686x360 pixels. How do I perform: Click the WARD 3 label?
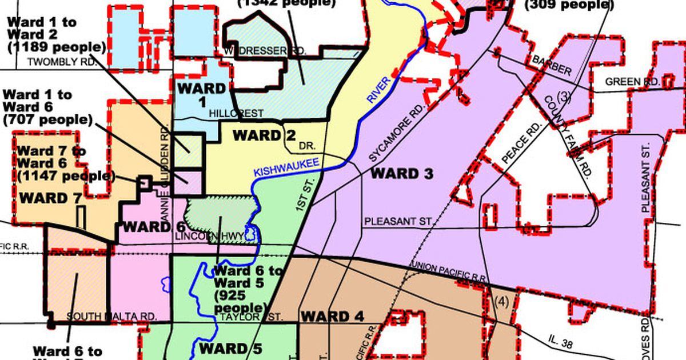coord(402,174)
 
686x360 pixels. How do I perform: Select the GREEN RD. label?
coord(632,82)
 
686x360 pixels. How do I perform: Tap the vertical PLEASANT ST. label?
coord(647,178)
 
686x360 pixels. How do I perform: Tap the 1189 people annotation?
coord(56,47)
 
